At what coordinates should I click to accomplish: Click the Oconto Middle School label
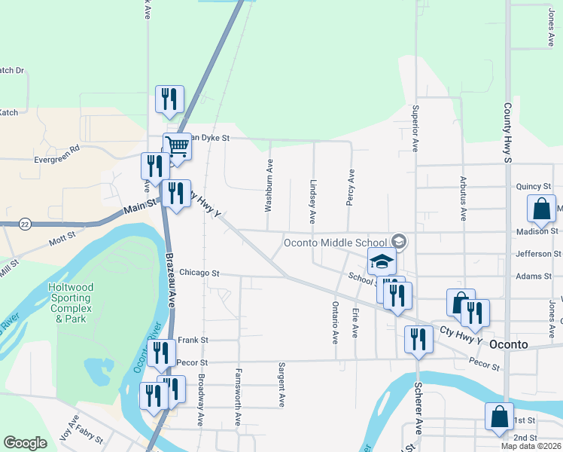click(335, 243)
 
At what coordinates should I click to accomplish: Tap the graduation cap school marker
click(382, 261)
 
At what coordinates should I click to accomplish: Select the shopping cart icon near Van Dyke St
click(177, 145)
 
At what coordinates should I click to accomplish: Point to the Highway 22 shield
click(25, 224)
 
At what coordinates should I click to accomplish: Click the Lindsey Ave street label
click(312, 201)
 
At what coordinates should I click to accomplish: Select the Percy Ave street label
click(350, 185)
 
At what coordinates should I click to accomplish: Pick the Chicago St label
click(199, 273)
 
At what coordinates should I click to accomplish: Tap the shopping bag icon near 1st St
click(499, 415)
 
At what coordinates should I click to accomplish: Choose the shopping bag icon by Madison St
click(542, 209)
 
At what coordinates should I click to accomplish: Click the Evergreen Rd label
click(56, 160)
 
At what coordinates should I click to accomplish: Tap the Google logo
click(25, 443)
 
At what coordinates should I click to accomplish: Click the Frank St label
click(193, 340)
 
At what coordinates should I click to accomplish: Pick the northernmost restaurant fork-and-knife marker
click(169, 99)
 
